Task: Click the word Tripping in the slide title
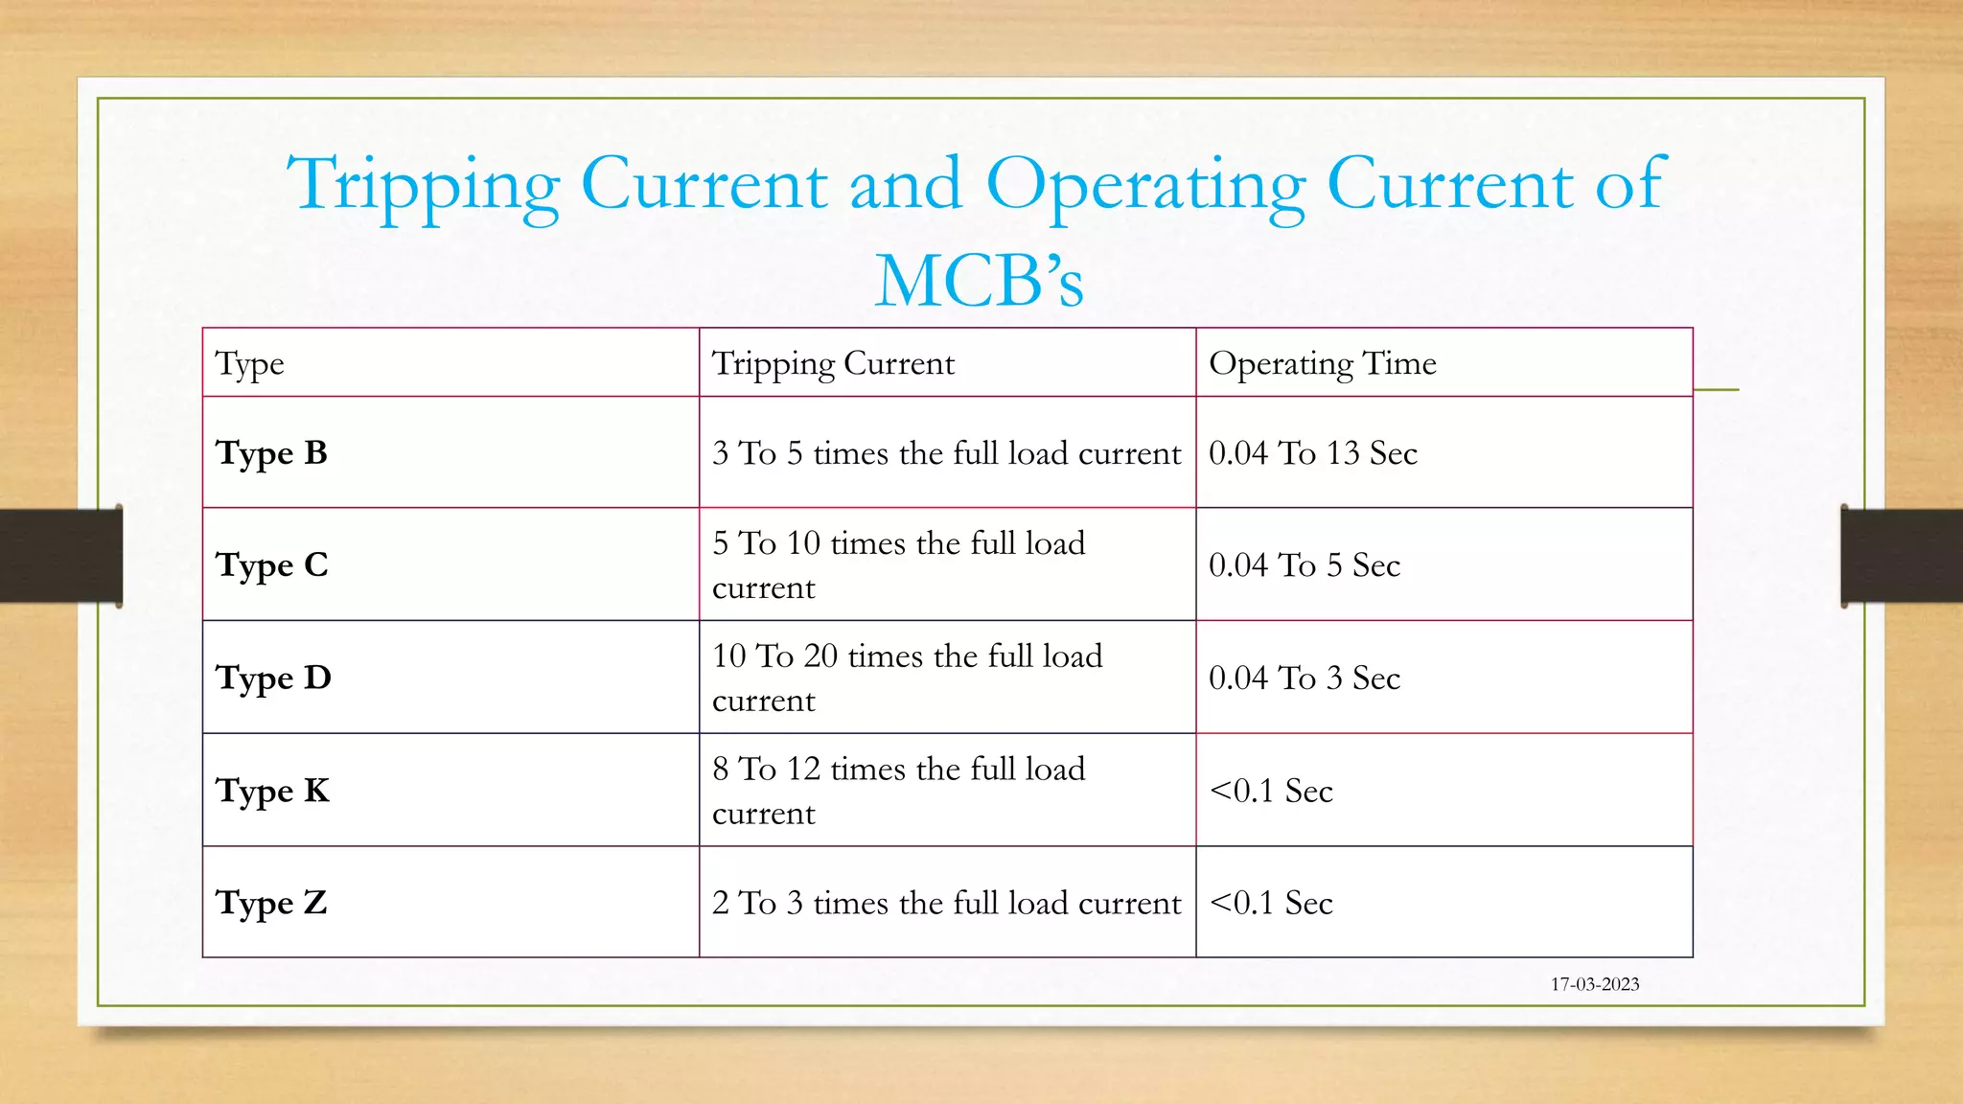click(424, 185)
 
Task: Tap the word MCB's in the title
click(979, 281)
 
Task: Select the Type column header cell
click(250, 364)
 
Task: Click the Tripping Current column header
click(833, 364)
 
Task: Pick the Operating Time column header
click(1322, 364)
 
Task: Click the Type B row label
click(271, 453)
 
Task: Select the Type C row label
click(271, 565)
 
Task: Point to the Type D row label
click(273, 678)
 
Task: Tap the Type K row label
click(272, 792)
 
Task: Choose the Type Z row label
click(271, 904)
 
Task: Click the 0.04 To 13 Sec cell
click(1312, 453)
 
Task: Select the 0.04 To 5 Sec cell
click(1304, 565)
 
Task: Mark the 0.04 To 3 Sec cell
click(1304, 678)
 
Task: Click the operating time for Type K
click(1271, 792)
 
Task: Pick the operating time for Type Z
click(1271, 904)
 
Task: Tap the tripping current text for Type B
click(946, 453)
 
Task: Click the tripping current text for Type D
click(907, 678)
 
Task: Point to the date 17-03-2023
click(1595, 984)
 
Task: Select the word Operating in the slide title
click(1145, 185)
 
